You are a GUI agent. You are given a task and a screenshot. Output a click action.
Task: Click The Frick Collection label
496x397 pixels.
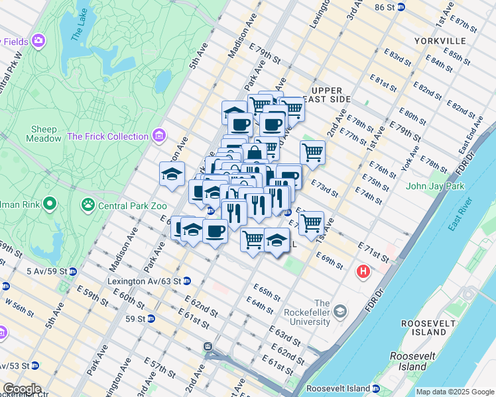coord(107,136)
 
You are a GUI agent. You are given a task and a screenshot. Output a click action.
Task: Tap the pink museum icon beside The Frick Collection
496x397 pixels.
coord(158,136)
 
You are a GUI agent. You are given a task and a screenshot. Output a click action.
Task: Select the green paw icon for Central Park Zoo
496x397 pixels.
coord(88,205)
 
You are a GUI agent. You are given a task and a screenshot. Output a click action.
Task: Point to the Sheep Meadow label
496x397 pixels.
coord(42,134)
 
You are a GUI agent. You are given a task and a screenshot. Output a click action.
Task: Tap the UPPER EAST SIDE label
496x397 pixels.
coord(326,95)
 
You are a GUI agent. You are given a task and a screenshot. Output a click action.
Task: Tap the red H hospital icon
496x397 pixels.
coord(363,271)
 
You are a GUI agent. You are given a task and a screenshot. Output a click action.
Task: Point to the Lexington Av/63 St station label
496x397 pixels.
coord(144,281)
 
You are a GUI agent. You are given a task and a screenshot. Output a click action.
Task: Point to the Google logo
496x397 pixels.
coord(22,389)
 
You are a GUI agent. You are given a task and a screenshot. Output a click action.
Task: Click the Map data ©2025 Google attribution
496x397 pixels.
coord(455,392)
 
